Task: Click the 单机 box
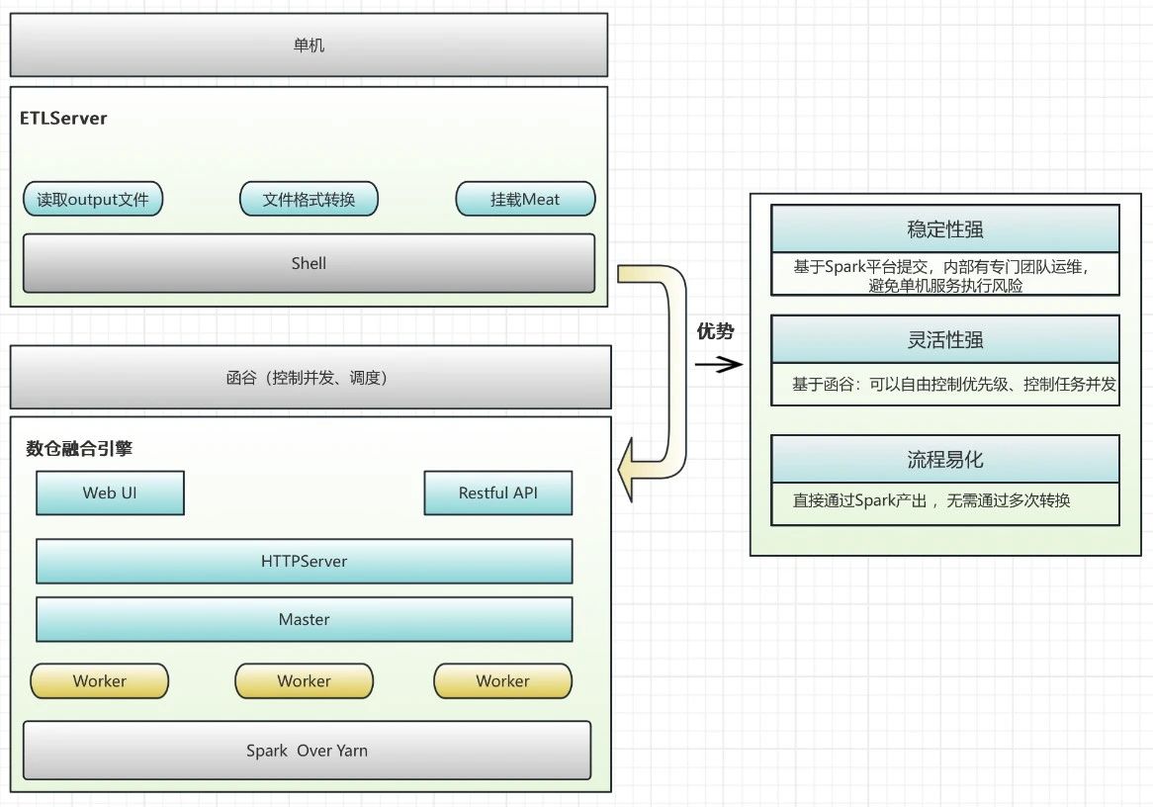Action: pyautogui.click(x=309, y=45)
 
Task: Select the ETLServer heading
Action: pyautogui.click(x=63, y=119)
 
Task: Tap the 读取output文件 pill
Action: pyautogui.click(x=93, y=200)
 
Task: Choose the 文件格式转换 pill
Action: pyautogui.click(x=309, y=200)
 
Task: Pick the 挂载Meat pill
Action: pyautogui.click(x=525, y=200)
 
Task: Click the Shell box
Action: pyautogui.click(x=309, y=263)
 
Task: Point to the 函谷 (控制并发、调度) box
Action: pyautogui.click(x=309, y=378)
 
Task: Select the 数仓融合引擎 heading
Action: pyautogui.click(x=79, y=448)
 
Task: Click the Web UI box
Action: pyautogui.click(x=110, y=493)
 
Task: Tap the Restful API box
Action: pyautogui.click(x=498, y=493)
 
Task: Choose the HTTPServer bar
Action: pyautogui.click(x=305, y=561)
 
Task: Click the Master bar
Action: pyautogui.click(x=305, y=619)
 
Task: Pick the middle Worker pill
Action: pyautogui.click(x=305, y=681)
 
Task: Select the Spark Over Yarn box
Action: pyautogui.click(x=307, y=751)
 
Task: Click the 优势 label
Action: pyautogui.click(x=716, y=332)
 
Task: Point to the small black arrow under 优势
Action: pyautogui.click(x=719, y=365)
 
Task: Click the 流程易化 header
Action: pyautogui.click(x=944, y=460)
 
